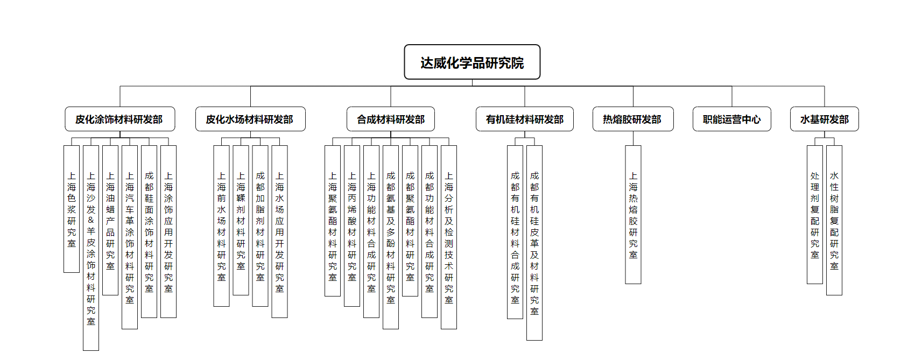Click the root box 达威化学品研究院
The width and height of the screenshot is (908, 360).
472,62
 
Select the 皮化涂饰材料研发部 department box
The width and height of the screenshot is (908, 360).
119,119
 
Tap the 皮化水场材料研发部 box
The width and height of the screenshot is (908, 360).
250,119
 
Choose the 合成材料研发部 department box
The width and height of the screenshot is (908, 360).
391,119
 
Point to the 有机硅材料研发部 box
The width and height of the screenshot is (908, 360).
524,119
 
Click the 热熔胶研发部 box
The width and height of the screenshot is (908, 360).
632,119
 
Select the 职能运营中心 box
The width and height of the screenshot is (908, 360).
731,119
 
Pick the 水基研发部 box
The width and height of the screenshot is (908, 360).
824,119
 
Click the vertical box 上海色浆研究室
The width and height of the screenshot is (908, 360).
72,209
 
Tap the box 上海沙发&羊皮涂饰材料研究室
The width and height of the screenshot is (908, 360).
91,248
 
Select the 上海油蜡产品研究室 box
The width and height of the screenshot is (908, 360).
110,220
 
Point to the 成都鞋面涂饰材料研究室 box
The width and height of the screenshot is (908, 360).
149,231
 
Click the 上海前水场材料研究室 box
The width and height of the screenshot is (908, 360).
221,226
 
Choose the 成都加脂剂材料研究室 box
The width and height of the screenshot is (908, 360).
260,226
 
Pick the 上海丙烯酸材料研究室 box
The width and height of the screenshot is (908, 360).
352,226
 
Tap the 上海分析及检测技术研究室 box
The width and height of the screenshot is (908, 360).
449,237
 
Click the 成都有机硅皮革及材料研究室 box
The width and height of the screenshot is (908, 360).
534,243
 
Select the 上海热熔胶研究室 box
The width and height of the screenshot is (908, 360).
633,214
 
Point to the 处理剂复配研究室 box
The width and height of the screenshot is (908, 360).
815,214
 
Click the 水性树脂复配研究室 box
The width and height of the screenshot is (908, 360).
834,220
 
